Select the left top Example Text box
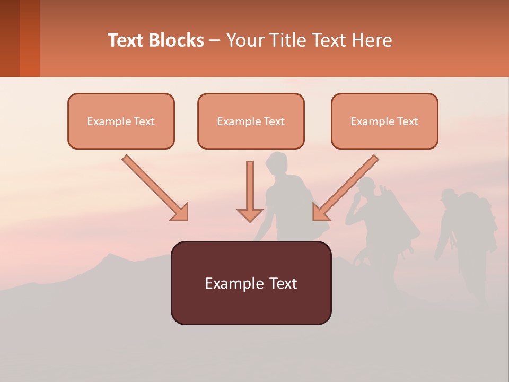pos(121,121)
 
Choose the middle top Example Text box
pos(251,121)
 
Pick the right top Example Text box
pos(384,121)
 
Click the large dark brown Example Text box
pos(251,283)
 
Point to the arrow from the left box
pos(155,188)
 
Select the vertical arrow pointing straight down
pos(250,192)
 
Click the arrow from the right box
pos(345,188)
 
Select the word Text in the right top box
pos(407,121)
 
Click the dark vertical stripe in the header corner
pos(10,38)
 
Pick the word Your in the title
pos(243,40)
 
